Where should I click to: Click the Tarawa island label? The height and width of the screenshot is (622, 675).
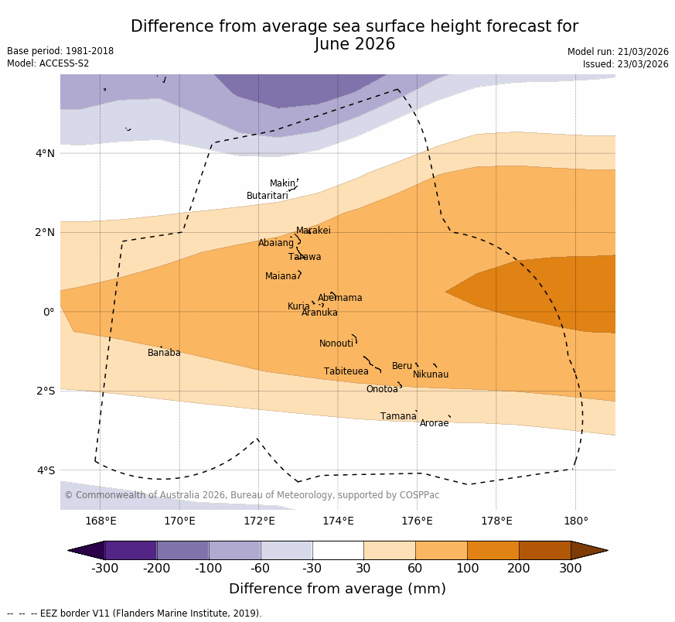pyautogui.click(x=305, y=257)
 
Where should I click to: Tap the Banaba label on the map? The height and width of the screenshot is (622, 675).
pyautogui.click(x=164, y=353)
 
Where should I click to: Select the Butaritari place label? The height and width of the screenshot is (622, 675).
pyautogui.click(x=267, y=196)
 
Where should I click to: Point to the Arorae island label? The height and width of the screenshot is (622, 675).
pyautogui.click(x=434, y=423)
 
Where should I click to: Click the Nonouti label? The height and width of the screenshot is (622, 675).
pyautogui.click(x=336, y=343)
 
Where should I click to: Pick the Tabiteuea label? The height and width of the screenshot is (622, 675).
pyautogui.click(x=346, y=371)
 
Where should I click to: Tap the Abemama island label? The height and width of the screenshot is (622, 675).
pyautogui.click(x=339, y=298)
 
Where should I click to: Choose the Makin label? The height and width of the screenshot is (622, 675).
pyautogui.click(x=282, y=183)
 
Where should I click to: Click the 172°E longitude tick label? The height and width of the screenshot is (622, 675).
pyautogui.click(x=259, y=521)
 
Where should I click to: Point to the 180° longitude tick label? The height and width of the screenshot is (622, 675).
pyautogui.click(x=575, y=521)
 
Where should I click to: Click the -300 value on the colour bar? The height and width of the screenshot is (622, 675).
pyautogui.click(x=104, y=569)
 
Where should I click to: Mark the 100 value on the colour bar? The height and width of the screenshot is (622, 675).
pyautogui.click(x=467, y=569)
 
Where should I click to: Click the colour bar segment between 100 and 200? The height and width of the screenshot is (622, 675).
pyautogui.click(x=493, y=550)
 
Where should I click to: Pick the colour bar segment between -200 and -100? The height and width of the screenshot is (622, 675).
pyautogui.click(x=182, y=550)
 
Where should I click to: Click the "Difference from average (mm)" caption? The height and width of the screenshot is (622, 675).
pyautogui.click(x=337, y=589)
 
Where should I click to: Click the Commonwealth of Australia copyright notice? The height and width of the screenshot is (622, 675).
pyautogui.click(x=251, y=495)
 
